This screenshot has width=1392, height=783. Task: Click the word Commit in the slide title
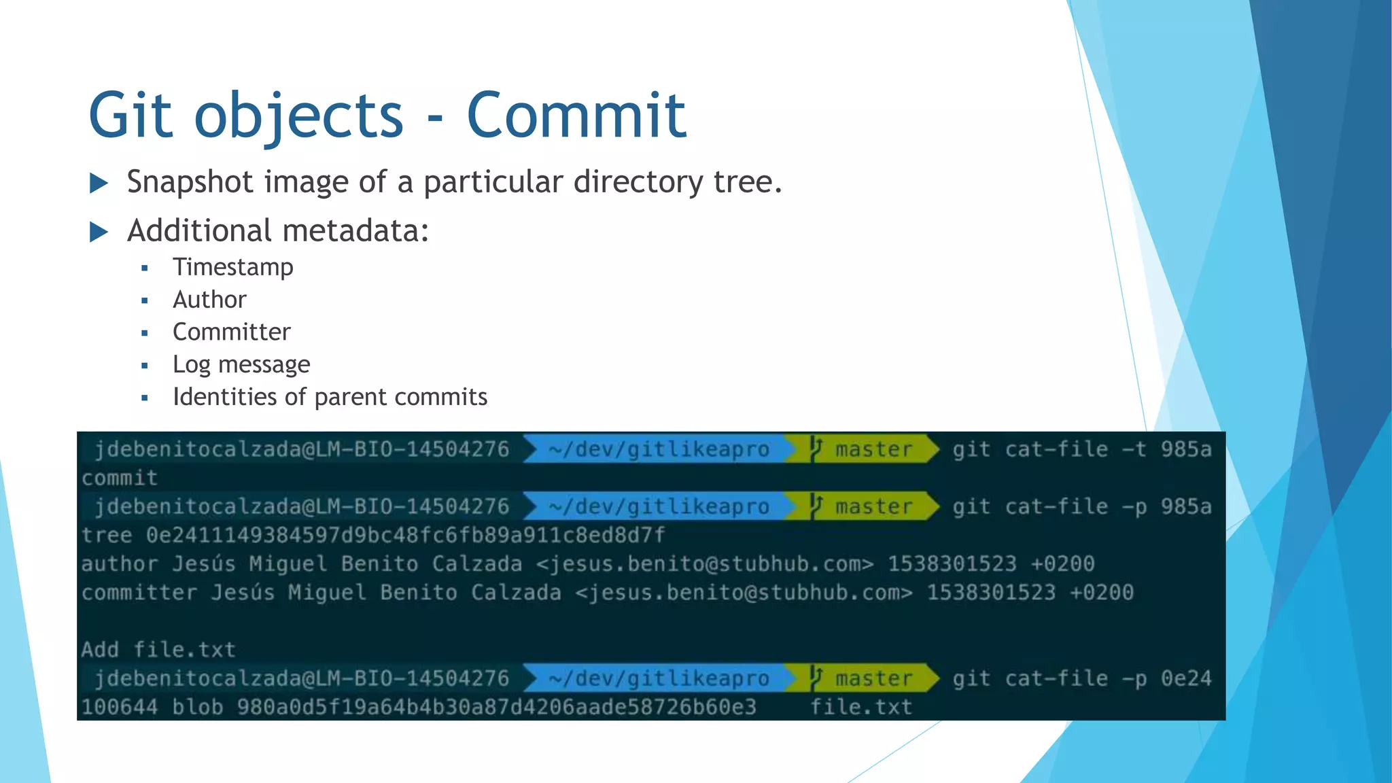[x=576, y=116]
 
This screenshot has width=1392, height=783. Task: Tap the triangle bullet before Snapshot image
[x=99, y=183]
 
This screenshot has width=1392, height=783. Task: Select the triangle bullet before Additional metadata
[x=99, y=232]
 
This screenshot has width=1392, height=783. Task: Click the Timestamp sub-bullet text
[x=232, y=267]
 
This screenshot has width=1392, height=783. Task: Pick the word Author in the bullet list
[x=209, y=300]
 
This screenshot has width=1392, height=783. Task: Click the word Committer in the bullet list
[x=231, y=332]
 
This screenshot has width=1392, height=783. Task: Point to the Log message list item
[x=241, y=364]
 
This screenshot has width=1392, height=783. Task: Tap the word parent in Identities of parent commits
[x=351, y=397]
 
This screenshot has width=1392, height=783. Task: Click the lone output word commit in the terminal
[x=120, y=478]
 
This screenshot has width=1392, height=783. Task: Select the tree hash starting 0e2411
[x=405, y=535]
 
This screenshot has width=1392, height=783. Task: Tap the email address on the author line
[x=704, y=563]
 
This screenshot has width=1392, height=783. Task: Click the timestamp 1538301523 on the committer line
[x=990, y=592]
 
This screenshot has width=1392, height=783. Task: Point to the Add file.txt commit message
[x=158, y=649]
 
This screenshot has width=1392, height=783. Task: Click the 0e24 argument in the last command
[x=1185, y=678]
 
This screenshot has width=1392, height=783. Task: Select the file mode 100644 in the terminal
[x=120, y=707]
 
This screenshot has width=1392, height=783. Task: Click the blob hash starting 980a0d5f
[x=496, y=707]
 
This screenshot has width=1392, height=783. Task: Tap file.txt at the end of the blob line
[x=860, y=707]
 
